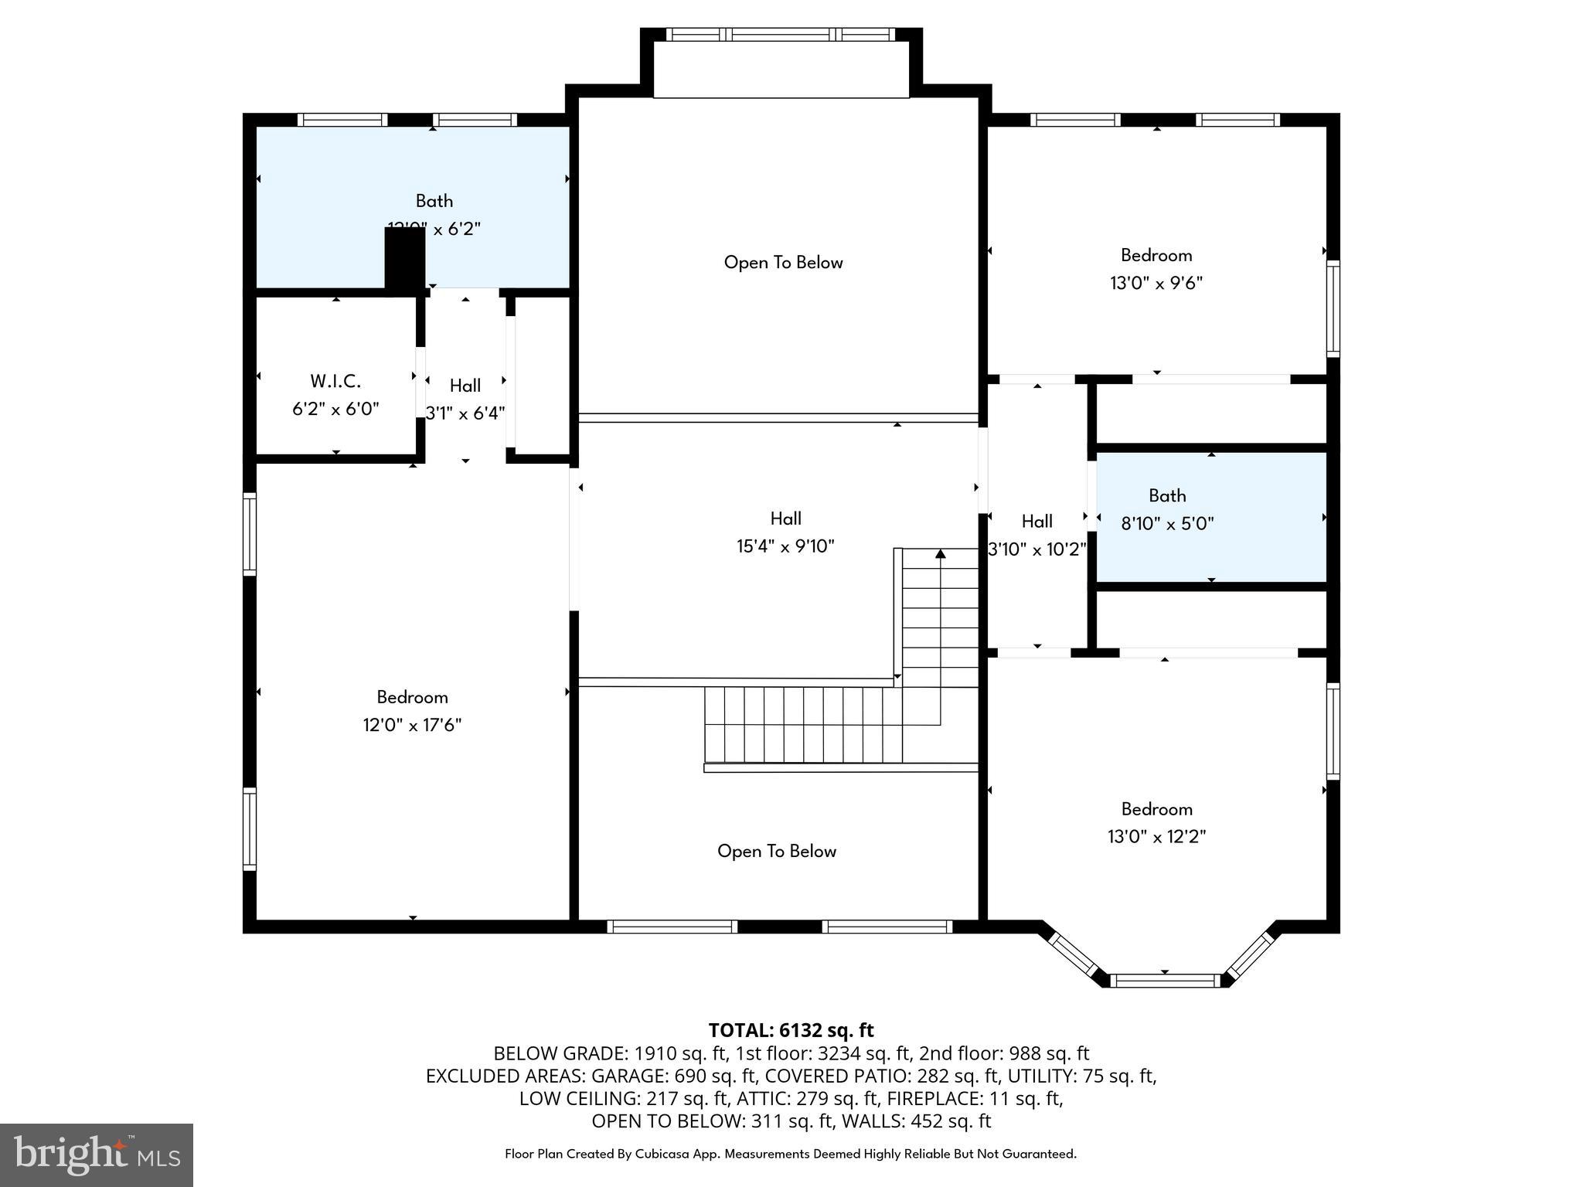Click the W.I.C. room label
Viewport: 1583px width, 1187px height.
pos(335,381)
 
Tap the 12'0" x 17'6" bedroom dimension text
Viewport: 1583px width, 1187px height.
pos(412,725)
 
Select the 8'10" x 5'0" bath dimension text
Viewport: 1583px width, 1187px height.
pos(1167,524)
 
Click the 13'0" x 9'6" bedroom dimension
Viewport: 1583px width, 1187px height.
pos(1156,283)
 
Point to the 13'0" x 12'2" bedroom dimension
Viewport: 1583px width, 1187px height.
pos(1156,837)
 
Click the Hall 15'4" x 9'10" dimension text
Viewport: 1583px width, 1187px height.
pos(785,546)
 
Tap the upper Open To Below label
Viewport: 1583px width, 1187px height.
pos(783,263)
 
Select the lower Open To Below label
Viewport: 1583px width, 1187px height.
pos(777,851)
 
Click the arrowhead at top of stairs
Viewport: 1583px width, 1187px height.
pos(941,553)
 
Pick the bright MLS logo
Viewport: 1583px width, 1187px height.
pos(97,1155)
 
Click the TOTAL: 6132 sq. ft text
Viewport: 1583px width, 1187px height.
pos(791,1030)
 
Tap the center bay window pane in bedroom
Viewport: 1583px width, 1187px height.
pos(1165,981)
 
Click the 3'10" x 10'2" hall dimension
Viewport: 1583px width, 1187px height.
pos(1037,549)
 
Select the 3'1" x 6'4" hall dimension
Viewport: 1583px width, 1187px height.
pos(465,413)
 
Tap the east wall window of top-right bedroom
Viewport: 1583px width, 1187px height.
pos(1333,308)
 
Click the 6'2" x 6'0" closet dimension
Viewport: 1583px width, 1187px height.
pos(335,409)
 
